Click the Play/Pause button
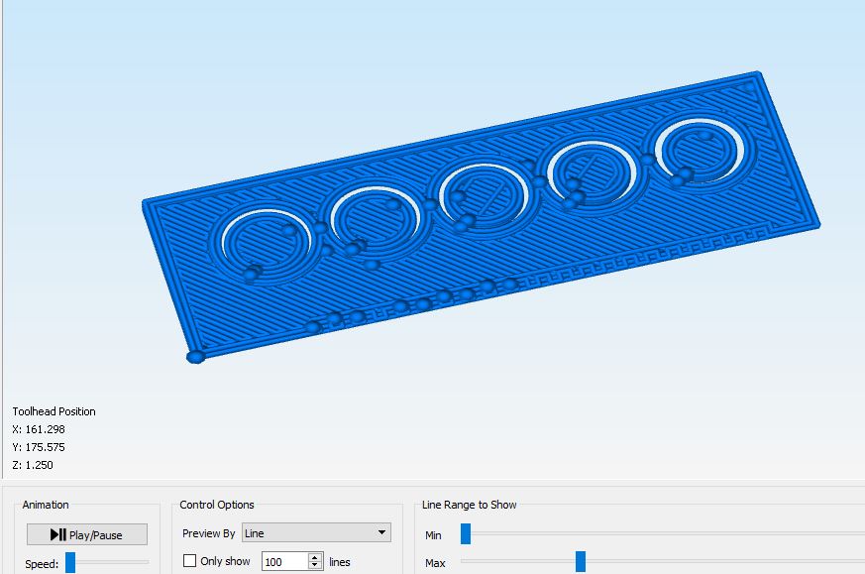pos(87,534)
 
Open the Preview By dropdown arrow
pos(381,532)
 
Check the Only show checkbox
pos(189,561)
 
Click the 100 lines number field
pos(284,562)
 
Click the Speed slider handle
pos(70,563)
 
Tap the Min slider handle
pos(466,534)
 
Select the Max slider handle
pos(581,561)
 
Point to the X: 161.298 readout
pos(39,429)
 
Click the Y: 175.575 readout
pos(39,447)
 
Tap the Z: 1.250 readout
pos(33,465)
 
